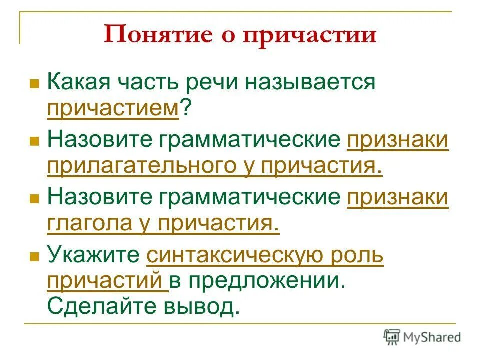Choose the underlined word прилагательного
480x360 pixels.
pos(150,164)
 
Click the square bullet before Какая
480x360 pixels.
pos(34,83)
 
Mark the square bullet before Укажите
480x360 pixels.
pos(34,257)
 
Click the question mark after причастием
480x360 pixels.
pos(185,106)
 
